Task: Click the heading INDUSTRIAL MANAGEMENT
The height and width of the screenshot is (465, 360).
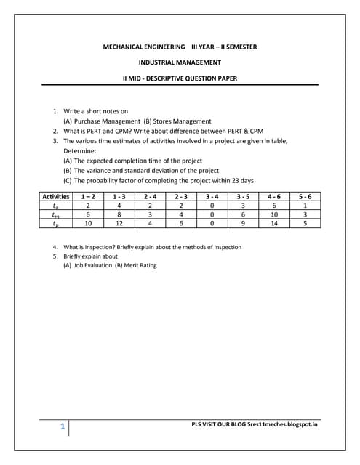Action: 179,62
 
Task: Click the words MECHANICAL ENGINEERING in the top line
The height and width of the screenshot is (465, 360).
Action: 143,46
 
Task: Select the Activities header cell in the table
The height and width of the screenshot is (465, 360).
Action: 56,197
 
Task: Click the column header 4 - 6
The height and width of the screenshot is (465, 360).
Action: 275,197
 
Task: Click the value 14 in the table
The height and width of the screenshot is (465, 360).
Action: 275,224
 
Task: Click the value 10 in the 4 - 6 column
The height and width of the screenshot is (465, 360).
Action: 275,215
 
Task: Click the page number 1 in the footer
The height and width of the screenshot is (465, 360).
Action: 64,428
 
